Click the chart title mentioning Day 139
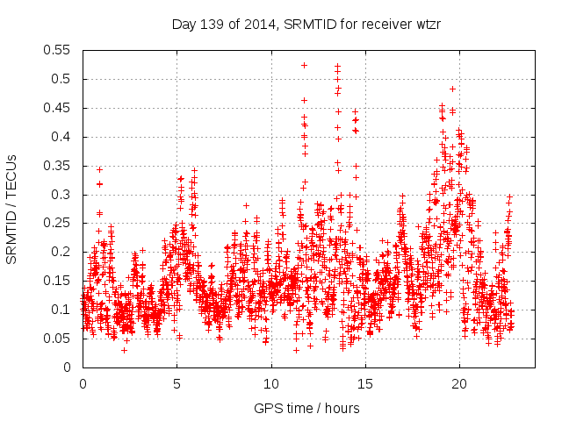point(305,25)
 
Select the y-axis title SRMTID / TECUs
point(12,209)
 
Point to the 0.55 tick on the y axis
point(59,50)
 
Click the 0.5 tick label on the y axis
point(62,79)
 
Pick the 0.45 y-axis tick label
point(59,108)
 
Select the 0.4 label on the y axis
point(62,137)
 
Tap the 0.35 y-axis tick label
point(59,166)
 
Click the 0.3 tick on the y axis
point(62,194)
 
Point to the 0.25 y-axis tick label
point(59,223)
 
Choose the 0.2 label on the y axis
point(62,252)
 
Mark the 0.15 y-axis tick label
point(59,281)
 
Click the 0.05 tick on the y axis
point(59,339)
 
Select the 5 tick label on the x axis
point(177,383)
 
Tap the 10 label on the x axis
point(271,383)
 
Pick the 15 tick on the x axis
point(365,383)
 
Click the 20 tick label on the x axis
point(459,383)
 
